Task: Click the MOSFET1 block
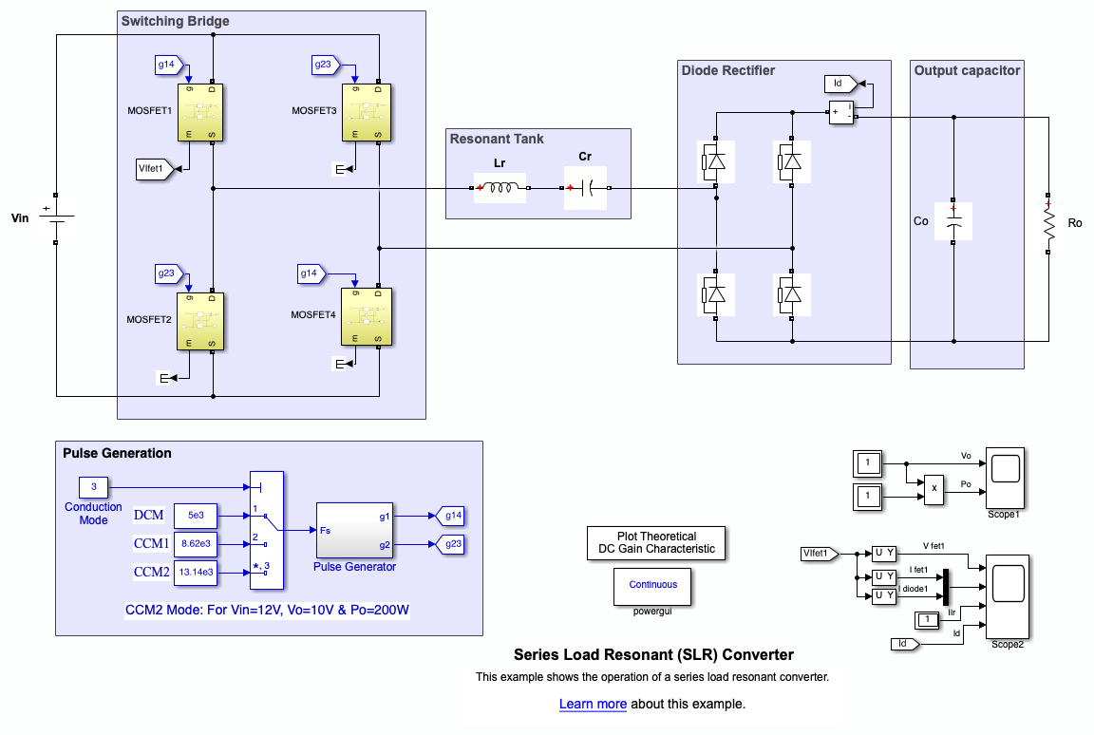pos(201,112)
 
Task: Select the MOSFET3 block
pos(367,112)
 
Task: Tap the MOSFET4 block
pos(367,315)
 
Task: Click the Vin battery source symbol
pos(56,217)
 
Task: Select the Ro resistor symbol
pos(1049,224)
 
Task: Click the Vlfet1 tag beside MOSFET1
pos(153,170)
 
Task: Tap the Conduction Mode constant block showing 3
pos(93,488)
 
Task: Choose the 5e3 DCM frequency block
pos(196,516)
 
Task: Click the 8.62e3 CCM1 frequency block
pos(196,544)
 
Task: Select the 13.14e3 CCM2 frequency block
pos(196,572)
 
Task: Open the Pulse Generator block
pos(355,530)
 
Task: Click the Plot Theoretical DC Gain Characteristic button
pos(655,542)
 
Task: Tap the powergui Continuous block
pos(653,585)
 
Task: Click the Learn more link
pos(593,705)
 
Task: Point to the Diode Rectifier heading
pos(728,70)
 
